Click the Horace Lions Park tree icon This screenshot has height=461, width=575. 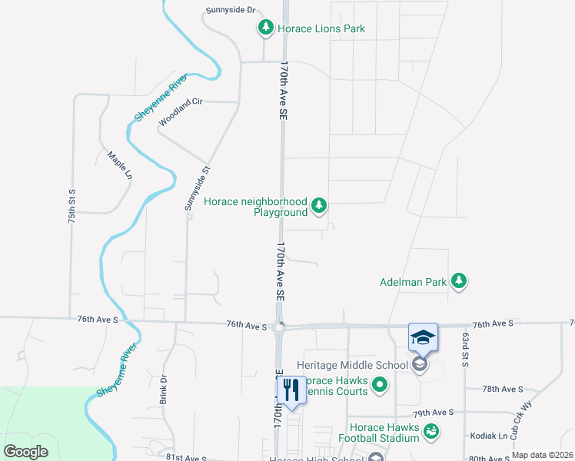click(266, 28)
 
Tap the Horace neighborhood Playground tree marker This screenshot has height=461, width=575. click(319, 206)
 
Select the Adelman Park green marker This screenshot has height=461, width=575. click(459, 281)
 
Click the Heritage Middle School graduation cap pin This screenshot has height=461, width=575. click(423, 339)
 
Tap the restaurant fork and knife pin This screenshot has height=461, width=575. click(290, 390)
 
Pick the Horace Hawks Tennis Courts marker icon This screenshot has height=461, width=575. click(379, 384)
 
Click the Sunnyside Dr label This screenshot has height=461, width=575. click(228, 12)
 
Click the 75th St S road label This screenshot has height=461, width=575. click(71, 206)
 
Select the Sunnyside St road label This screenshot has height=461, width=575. click(196, 188)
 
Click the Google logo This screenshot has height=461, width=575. click(25, 451)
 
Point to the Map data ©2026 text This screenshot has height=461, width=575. click(542, 455)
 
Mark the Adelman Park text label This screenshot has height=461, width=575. click(413, 282)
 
